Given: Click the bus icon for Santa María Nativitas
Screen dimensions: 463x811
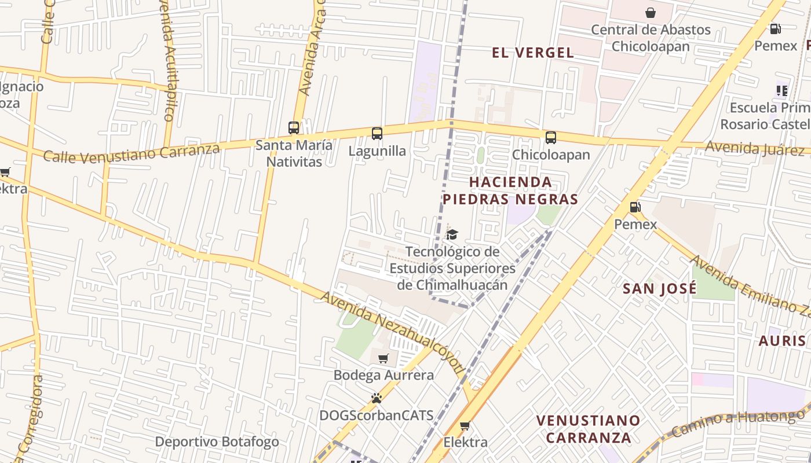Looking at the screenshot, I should tap(294, 128).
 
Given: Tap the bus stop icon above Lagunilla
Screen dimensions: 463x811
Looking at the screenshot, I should tap(377, 134).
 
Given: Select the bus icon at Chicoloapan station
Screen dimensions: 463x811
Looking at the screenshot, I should tap(551, 138).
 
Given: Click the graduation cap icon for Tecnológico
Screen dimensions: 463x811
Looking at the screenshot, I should tap(452, 234).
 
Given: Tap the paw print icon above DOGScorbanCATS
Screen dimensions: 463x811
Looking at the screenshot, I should tap(377, 398).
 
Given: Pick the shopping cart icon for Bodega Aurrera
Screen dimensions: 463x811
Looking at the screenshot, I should tap(383, 358).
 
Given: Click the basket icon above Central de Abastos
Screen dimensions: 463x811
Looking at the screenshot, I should tap(651, 13).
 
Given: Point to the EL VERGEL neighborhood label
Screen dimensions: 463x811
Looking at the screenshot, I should tap(532, 53).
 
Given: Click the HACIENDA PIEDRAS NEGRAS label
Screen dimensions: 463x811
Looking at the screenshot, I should tap(510, 190).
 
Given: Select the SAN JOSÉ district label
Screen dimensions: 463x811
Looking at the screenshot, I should tap(659, 289).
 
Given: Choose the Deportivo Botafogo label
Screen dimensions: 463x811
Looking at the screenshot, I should tap(217, 442).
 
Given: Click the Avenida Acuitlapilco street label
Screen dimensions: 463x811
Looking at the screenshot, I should tap(167, 64).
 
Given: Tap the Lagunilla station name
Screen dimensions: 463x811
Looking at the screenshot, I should tap(377, 151).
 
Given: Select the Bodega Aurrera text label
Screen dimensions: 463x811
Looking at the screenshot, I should tap(383, 375).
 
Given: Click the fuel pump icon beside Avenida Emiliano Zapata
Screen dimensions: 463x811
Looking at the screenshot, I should tap(635, 207).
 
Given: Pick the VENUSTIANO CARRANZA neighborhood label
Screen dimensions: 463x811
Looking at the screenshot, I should tap(588, 429).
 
